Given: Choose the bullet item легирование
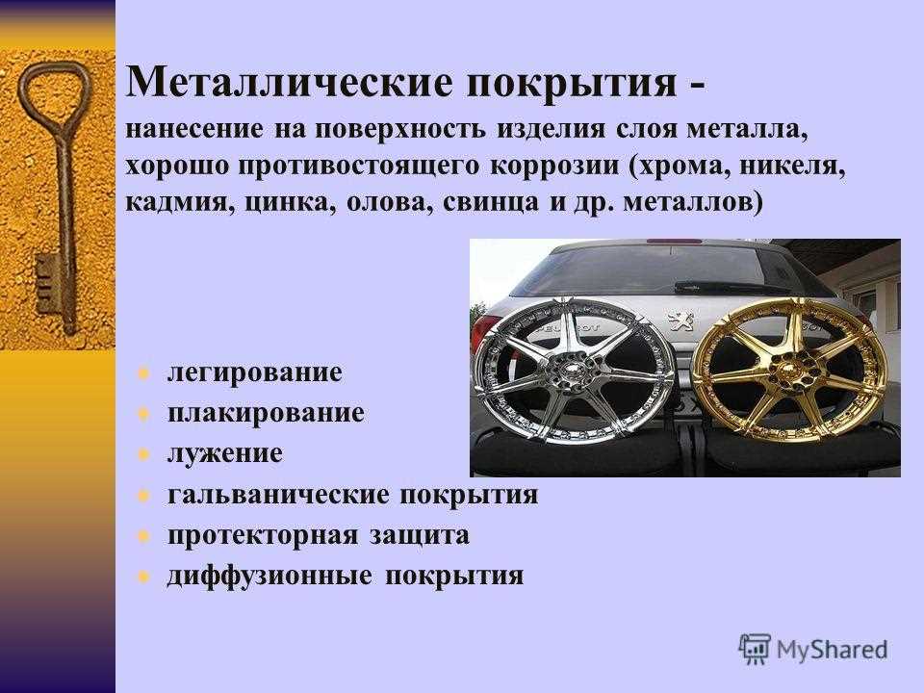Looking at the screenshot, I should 253,371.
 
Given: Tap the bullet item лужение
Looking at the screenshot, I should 224,453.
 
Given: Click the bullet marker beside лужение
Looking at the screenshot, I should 144,453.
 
